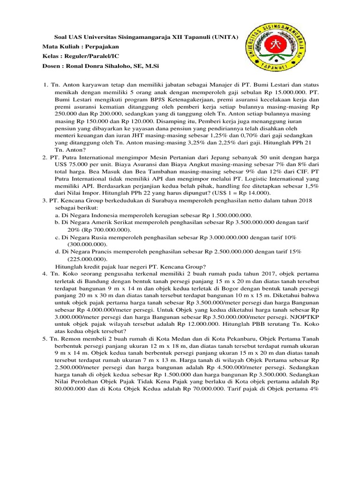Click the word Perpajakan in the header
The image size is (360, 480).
pos(103,47)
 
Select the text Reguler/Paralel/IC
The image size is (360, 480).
pos(94,56)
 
